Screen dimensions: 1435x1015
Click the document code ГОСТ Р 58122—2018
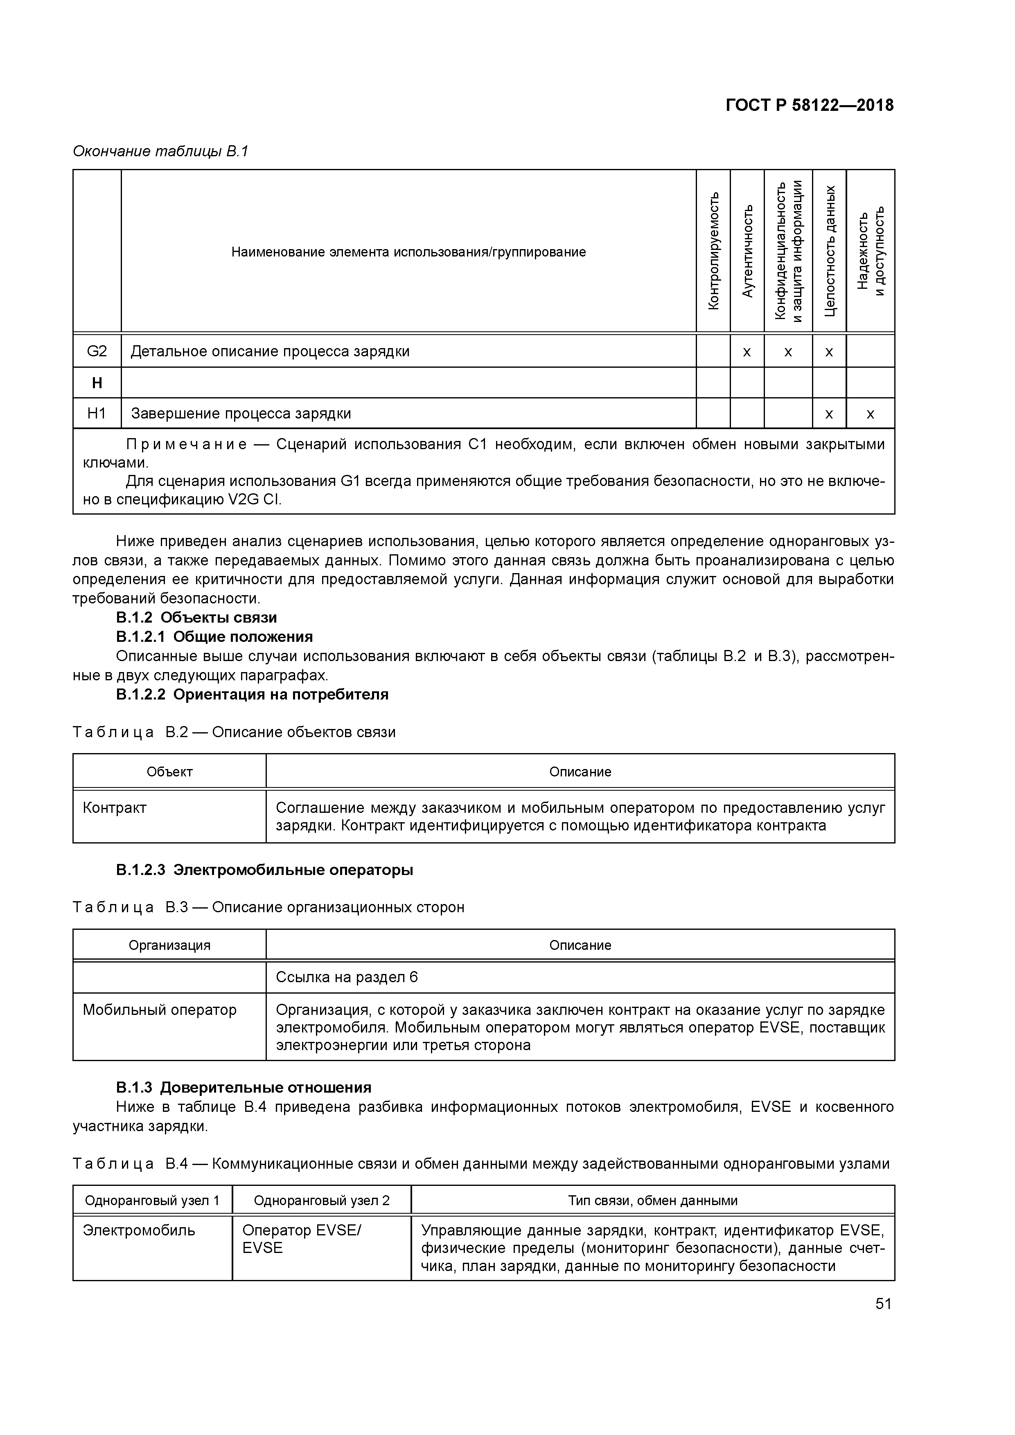(x=809, y=105)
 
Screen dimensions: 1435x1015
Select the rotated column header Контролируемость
(x=713, y=251)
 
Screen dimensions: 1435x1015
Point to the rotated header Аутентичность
(x=747, y=251)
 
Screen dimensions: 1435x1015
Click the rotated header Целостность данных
(x=829, y=251)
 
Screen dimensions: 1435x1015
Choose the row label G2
(x=97, y=351)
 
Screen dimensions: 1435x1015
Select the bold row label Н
(x=97, y=382)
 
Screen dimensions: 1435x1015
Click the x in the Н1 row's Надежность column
(x=870, y=414)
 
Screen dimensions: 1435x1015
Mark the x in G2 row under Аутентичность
(x=747, y=352)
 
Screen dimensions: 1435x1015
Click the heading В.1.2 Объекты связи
(x=196, y=618)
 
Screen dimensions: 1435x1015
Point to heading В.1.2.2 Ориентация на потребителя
(x=252, y=694)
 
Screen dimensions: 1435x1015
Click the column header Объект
(x=169, y=772)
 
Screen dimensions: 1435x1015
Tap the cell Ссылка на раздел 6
(x=347, y=977)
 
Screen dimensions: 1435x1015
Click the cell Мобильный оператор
(x=160, y=1010)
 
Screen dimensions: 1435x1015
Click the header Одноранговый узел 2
(x=321, y=1200)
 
